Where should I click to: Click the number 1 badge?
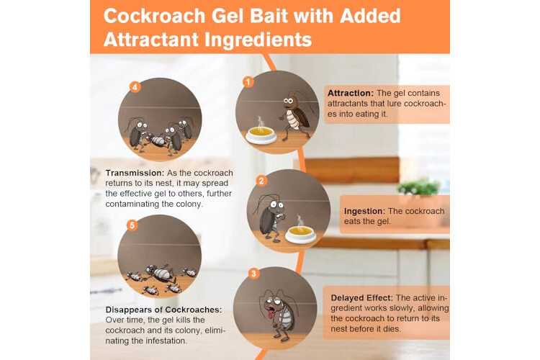(248, 82)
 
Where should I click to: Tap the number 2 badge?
(261, 181)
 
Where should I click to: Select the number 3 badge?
(253, 274)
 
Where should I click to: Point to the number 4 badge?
(135, 87)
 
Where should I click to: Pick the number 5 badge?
(132, 225)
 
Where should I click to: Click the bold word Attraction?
(350, 93)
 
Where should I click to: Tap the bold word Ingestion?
(364, 211)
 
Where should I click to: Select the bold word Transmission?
(135, 173)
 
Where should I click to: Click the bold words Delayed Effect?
(361, 298)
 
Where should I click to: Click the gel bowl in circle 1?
(261, 135)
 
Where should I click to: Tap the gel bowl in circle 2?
(300, 234)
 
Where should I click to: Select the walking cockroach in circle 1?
(295, 115)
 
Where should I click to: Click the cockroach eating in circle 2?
(271, 217)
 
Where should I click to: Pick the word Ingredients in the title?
(258, 40)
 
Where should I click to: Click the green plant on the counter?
(418, 186)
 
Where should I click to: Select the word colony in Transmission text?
(190, 204)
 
